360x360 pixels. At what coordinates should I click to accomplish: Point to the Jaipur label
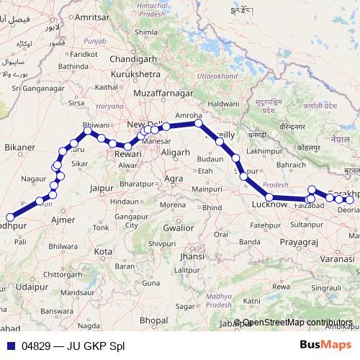click(x=104, y=189)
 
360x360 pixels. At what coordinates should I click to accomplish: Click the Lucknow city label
click(x=269, y=205)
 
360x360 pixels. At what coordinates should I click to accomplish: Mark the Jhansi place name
click(x=192, y=256)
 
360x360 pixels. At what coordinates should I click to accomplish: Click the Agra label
click(x=174, y=178)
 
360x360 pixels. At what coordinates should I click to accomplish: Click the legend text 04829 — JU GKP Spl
click(x=73, y=346)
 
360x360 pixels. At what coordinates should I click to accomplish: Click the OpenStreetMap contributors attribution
click(x=297, y=323)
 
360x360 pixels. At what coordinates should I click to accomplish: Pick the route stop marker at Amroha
click(x=199, y=124)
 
